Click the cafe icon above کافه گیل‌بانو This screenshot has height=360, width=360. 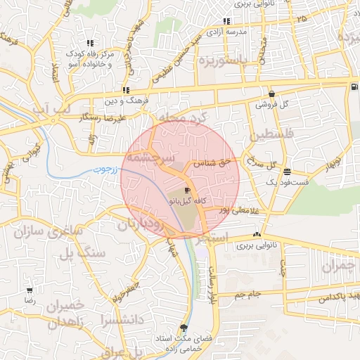(187, 191)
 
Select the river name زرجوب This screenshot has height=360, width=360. (105, 170)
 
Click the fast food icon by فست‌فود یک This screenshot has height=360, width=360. (287, 172)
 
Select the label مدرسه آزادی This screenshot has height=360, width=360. (228, 32)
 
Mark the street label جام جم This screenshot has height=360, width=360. (247, 293)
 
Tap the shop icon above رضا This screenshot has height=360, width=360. (30, 290)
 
